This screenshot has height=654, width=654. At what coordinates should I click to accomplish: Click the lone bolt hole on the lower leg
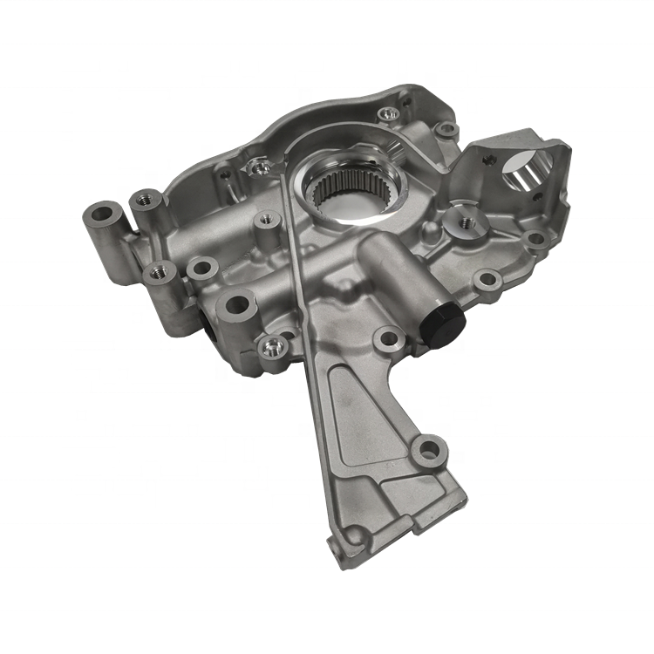(427, 451)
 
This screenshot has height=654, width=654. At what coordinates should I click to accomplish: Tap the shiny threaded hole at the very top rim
(389, 114)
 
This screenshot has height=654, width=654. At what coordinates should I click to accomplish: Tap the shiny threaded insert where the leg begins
(276, 348)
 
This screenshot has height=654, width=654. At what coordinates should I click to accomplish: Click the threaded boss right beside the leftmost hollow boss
(145, 202)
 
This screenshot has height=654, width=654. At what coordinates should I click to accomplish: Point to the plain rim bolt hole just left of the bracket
(446, 130)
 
